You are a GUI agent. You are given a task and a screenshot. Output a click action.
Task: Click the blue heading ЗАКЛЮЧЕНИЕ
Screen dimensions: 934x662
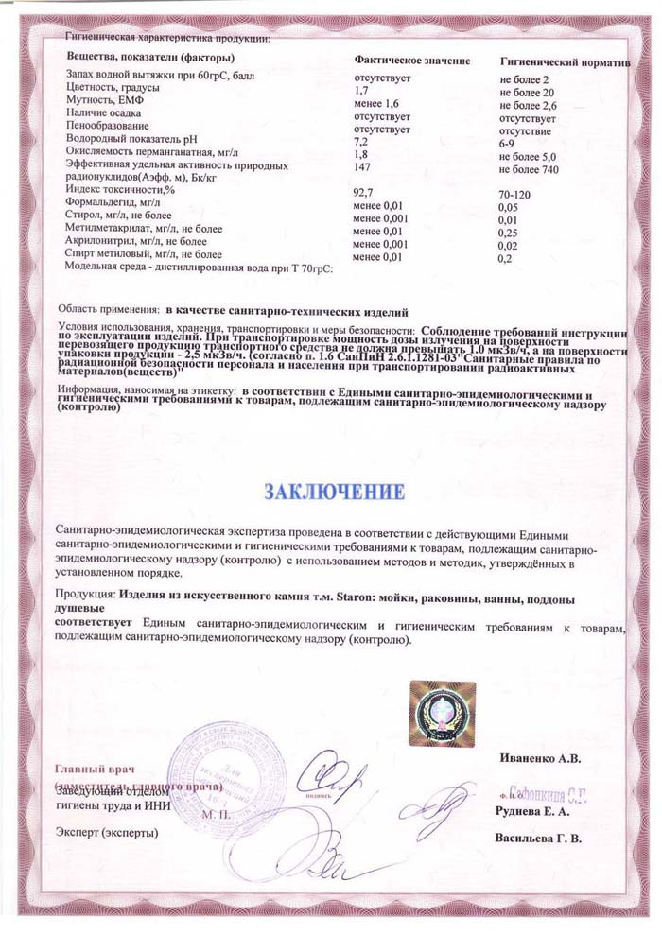pyautogui.click(x=335, y=492)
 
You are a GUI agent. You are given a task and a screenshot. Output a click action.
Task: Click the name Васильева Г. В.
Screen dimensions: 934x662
pyautogui.click(x=538, y=838)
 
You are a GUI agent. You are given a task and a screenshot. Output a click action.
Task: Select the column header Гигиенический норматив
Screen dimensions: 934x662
pyautogui.click(x=564, y=61)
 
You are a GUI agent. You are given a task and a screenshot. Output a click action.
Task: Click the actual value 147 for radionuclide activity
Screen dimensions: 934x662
pyautogui.click(x=360, y=164)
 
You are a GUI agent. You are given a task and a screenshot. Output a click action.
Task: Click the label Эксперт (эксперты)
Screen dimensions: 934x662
pyautogui.click(x=107, y=832)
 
